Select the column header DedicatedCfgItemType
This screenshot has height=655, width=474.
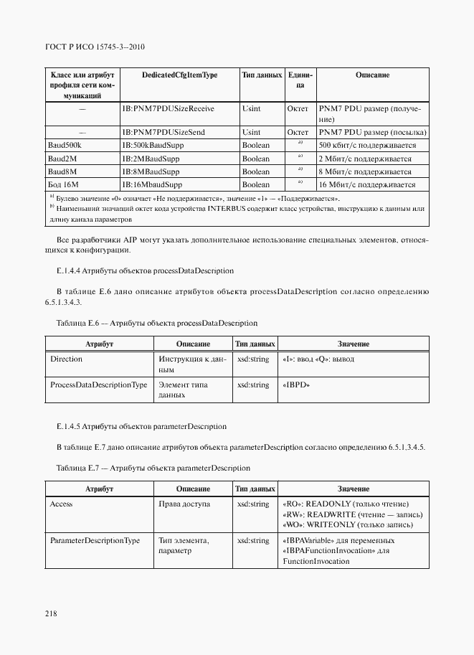click(179, 75)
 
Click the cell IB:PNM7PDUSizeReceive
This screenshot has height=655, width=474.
click(168, 108)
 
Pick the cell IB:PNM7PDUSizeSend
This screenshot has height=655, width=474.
click(163, 133)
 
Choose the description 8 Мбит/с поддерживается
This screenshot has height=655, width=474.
click(365, 172)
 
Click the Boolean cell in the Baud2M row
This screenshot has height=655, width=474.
click(256, 159)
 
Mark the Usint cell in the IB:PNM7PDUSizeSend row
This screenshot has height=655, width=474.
click(252, 133)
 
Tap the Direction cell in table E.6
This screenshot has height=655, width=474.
click(66, 359)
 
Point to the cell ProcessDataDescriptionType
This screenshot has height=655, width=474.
click(99, 385)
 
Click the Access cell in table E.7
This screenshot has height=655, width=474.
click(61, 504)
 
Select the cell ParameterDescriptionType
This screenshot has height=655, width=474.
click(95, 540)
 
